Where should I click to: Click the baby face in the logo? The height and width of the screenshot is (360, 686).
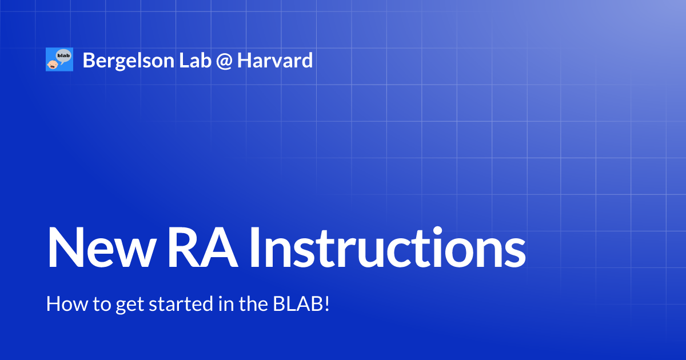point(52,64)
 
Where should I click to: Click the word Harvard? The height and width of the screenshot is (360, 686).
point(275,60)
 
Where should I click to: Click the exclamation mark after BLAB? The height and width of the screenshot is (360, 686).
point(327,303)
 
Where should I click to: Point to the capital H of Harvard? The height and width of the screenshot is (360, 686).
point(244,60)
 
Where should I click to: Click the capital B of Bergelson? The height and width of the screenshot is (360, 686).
point(88,60)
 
